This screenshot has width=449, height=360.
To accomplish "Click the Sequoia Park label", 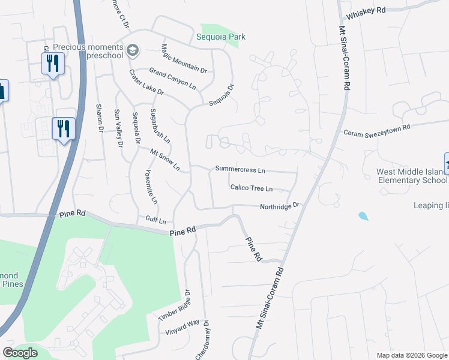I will click(221, 37).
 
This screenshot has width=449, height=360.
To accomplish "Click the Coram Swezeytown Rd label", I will click(376, 130).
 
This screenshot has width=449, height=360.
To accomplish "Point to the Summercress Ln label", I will click(240, 170).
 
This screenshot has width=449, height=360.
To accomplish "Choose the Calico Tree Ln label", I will click(252, 188).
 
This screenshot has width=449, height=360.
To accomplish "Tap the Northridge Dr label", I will click(279, 206).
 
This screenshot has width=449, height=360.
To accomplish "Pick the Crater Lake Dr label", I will click(146, 82).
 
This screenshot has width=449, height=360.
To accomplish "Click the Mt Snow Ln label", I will click(164, 160).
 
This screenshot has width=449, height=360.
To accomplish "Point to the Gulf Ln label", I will click(155, 220).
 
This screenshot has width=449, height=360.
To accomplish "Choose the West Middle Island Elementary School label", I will click(411, 175).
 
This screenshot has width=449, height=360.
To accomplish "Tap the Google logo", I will click(20, 353).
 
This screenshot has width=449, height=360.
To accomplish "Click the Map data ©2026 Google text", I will click(412, 355).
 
